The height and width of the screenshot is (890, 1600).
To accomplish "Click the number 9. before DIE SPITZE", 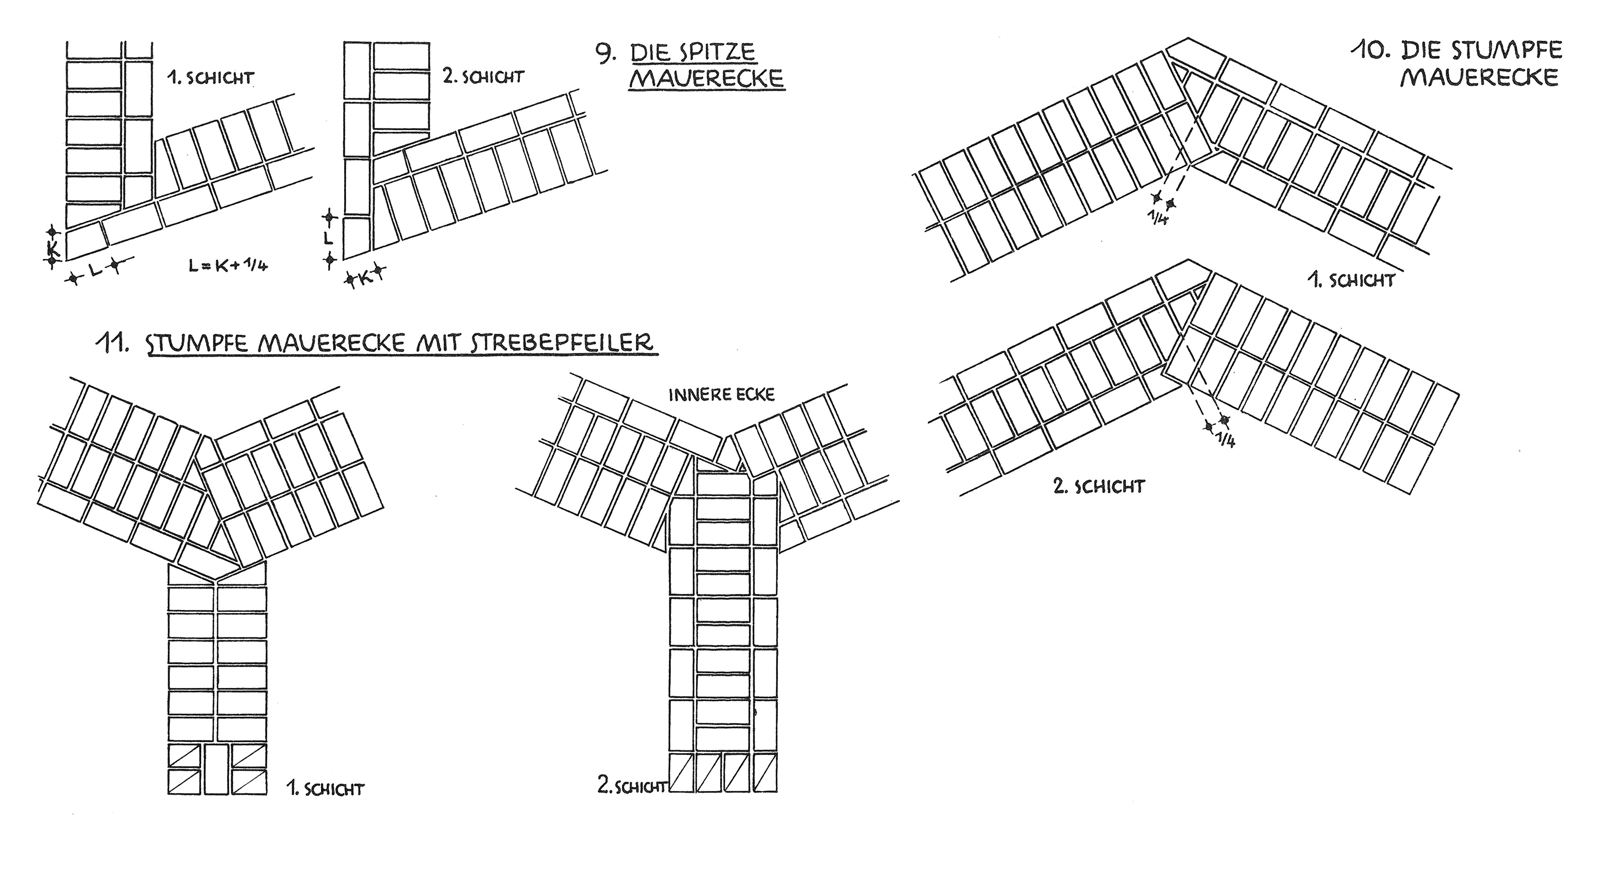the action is point(606,54).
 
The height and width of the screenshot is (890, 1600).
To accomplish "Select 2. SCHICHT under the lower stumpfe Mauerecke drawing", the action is point(1099,486).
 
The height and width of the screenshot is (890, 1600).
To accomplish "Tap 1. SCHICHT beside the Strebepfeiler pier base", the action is point(325,789).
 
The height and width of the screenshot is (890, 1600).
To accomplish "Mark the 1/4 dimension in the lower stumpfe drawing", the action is point(1226,440).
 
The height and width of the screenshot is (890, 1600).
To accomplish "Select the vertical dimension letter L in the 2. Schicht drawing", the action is point(329,238).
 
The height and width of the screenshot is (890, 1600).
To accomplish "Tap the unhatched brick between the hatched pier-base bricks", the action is point(217,770).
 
